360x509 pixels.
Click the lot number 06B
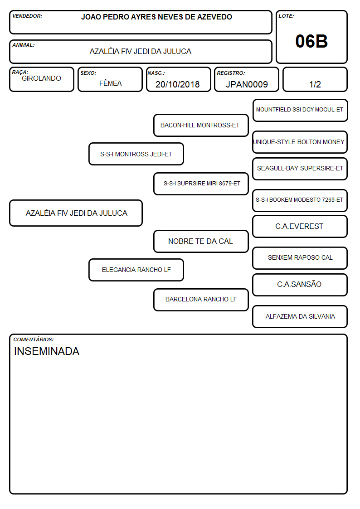pyautogui.click(x=311, y=41)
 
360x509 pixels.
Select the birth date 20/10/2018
pyautogui.click(x=178, y=84)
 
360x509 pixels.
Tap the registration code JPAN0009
pyautogui.click(x=247, y=84)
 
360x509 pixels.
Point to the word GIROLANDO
pyautogui.click(x=41, y=78)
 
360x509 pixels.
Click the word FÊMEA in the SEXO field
pyautogui.click(x=110, y=83)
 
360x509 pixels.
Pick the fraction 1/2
pyautogui.click(x=315, y=84)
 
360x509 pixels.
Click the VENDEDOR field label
pyautogui.click(x=27, y=16)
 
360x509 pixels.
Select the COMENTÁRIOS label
pyautogui.click(x=34, y=339)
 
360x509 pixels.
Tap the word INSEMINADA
pyautogui.click(x=47, y=351)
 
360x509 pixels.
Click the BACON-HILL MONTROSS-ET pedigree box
pyautogui.click(x=201, y=125)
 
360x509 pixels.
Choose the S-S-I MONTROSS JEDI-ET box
pyautogui.click(x=136, y=154)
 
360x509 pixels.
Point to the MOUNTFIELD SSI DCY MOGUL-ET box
pyautogui.click(x=300, y=111)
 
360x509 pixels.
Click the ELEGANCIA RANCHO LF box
pyautogui.click(x=136, y=270)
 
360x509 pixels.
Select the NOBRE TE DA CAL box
pyautogui.click(x=201, y=241)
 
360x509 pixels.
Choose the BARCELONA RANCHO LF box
pyautogui.click(x=201, y=300)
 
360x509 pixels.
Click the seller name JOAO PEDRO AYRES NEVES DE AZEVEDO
pyautogui.click(x=156, y=17)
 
